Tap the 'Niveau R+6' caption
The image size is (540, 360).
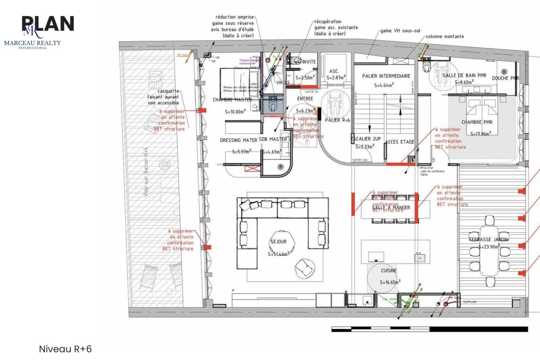tap(65, 349)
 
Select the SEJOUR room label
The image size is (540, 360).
tap(278, 242)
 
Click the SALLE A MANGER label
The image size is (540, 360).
tap(391, 207)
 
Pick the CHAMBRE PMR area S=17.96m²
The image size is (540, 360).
tap(481, 133)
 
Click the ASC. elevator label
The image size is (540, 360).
tap(334, 71)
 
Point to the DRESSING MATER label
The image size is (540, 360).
tap(238, 139)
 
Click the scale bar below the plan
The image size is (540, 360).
tap(429, 329)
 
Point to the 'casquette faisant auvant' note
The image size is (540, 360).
tap(166, 96)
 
